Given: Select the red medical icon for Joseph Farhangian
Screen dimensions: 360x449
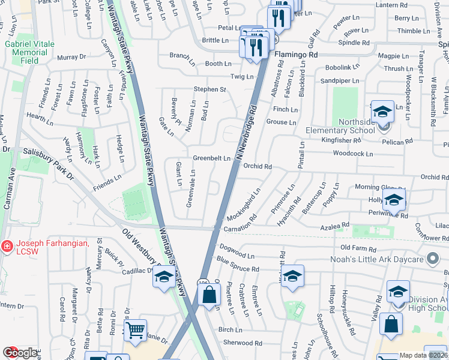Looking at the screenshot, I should point(7,246).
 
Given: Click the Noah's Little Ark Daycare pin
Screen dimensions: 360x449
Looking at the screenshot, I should point(432,260).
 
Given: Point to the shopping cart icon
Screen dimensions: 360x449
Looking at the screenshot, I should point(135,329).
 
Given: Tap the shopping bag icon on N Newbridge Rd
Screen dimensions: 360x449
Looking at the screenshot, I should point(209,295).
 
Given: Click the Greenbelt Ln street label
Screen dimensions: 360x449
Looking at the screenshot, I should point(211,158).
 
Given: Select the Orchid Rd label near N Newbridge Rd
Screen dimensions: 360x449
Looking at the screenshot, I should point(259,167).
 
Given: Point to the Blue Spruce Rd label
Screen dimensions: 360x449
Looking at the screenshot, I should point(238,265).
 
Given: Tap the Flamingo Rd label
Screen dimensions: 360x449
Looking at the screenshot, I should point(296,55).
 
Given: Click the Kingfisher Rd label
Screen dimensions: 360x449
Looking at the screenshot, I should point(340,140).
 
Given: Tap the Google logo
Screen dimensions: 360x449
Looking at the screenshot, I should point(20,353).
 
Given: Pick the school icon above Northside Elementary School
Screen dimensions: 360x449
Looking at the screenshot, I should point(382,112).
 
